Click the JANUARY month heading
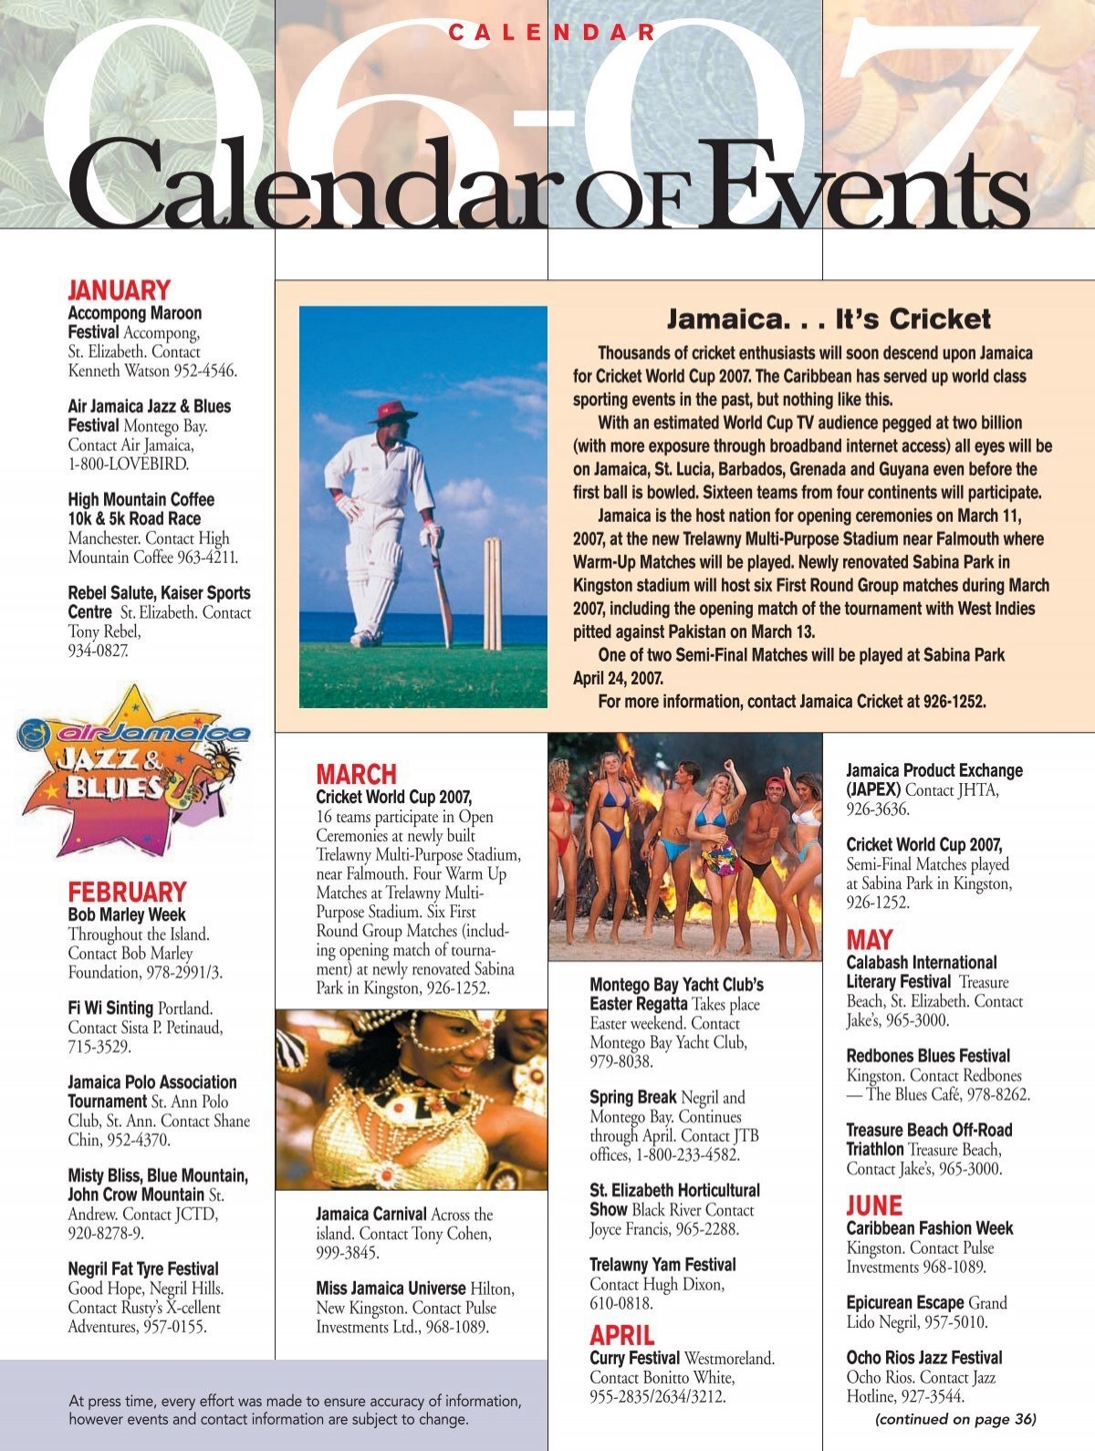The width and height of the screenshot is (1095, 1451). click(119, 291)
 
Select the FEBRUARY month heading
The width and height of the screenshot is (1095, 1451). click(127, 892)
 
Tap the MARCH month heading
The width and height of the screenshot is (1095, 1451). click(356, 775)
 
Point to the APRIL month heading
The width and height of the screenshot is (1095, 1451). click(621, 1336)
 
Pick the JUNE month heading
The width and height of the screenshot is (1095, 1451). click(873, 1206)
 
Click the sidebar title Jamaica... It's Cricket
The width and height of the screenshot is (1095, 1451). click(828, 319)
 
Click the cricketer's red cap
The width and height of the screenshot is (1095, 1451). click(392, 410)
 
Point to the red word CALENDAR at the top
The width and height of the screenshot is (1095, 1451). click(552, 33)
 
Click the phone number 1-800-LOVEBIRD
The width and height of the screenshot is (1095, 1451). click(128, 465)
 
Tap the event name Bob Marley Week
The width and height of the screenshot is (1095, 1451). click(127, 914)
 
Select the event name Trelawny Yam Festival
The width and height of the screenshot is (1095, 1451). click(662, 1265)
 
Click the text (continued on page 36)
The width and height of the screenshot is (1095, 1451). click(954, 1419)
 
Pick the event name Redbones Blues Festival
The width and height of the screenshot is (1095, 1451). click(928, 1056)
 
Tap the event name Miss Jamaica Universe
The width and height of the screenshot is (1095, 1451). click(391, 1289)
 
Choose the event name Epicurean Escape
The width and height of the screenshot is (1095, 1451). click(904, 1303)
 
